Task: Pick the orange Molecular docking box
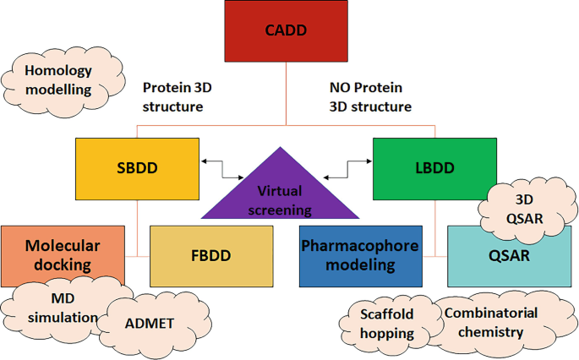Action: pyautogui.click(x=62, y=254)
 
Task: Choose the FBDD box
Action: pyautogui.click(x=211, y=255)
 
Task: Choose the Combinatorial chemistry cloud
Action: pyautogui.click(x=490, y=322)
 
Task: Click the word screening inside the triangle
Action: pyautogui.click(x=273, y=210)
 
